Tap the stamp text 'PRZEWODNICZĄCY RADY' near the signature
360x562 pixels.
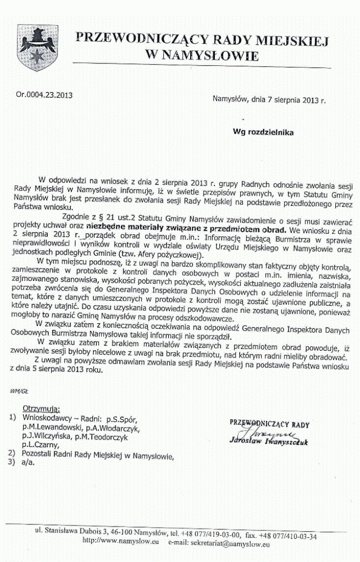click(x=270, y=424)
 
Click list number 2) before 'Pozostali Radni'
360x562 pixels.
click(x=12, y=453)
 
